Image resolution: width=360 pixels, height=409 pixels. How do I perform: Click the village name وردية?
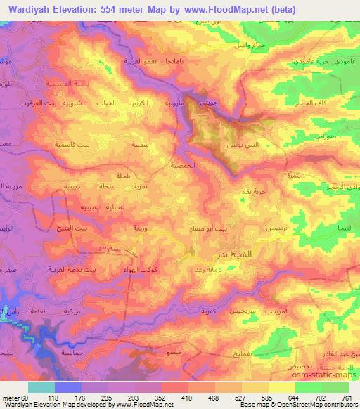[141, 228]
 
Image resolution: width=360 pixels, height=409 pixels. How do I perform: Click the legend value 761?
[346, 397]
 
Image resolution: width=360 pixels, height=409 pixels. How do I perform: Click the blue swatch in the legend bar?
[68, 387]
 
